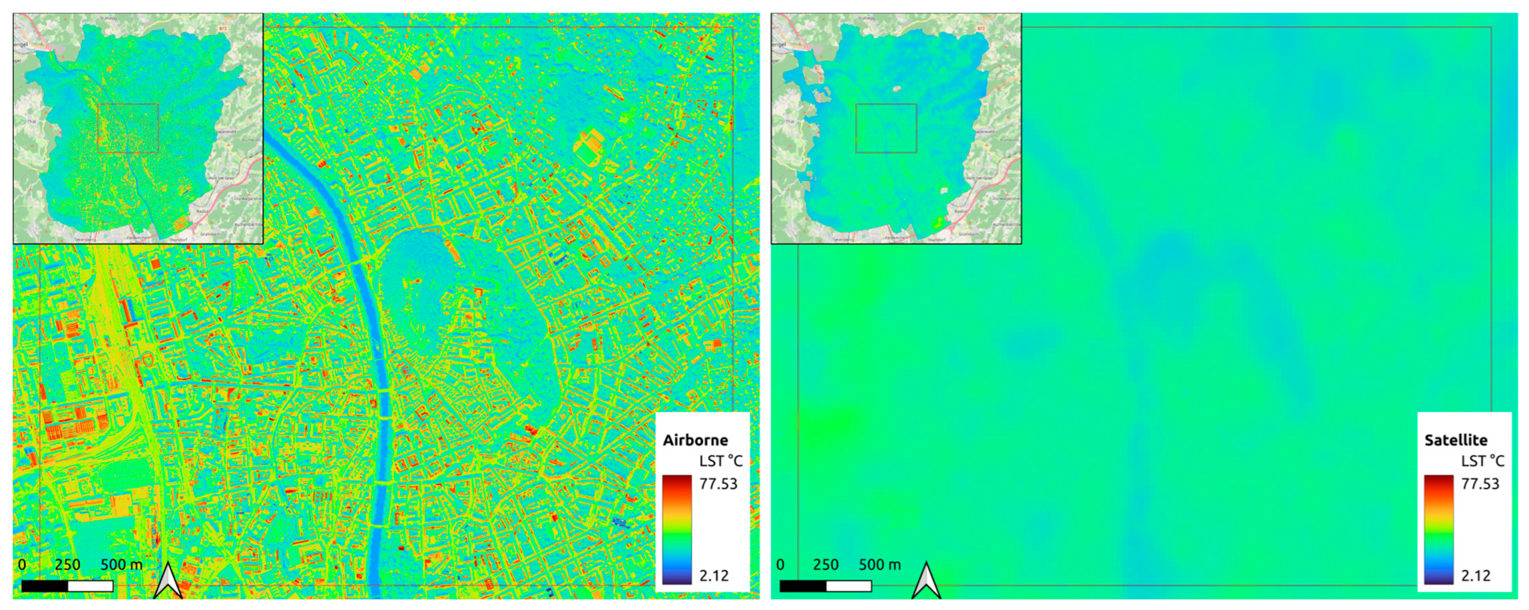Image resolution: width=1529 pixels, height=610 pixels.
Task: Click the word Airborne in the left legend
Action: [x=695, y=440]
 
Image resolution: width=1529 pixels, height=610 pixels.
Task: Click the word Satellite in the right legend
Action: [x=1456, y=440]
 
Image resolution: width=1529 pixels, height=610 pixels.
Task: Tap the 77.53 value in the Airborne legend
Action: [x=718, y=484]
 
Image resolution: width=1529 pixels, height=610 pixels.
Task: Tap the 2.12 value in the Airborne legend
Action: [x=713, y=575]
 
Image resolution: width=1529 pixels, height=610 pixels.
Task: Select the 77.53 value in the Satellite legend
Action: [x=1479, y=484]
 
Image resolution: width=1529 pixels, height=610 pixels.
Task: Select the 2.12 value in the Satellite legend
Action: [x=1475, y=575]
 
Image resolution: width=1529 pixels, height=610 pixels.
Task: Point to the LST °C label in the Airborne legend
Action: [x=721, y=461]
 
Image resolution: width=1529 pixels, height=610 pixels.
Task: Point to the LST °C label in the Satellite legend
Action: [x=1482, y=461]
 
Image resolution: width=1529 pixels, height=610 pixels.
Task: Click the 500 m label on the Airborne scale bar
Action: [x=122, y=564]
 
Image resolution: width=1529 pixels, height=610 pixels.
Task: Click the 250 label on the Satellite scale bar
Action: [x=825, y=564]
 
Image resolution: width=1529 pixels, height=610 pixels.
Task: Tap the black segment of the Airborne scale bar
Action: [x=44, y=586]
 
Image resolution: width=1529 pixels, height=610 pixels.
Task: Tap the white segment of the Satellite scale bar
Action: [x=849, y=586]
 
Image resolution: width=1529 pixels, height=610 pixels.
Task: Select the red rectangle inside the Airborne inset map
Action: [x=128, y=128]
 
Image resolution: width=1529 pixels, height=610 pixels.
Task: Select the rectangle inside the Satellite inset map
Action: [x=886, y=128]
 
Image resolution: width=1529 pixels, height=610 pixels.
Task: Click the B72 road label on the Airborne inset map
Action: [x=223, y=28]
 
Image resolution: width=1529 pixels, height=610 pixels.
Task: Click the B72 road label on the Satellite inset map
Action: [x=981, y=28]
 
